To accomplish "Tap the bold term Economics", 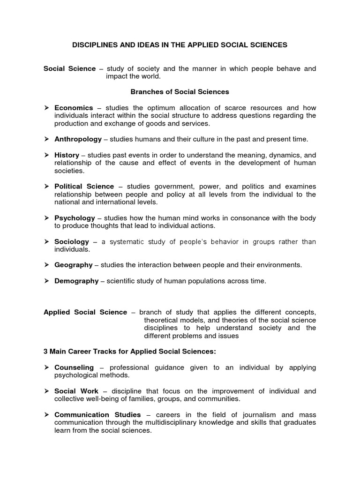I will pos(74,107).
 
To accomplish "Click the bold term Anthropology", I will pos(78,139).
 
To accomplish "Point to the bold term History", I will pos(67,155).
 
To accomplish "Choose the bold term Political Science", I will pos(84,186).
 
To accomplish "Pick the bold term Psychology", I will pos(75,218).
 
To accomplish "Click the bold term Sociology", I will pos(71,241).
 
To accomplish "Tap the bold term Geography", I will pos(73,265).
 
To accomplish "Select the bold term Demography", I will pos(76,281).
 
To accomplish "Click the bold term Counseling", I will pos(74,367).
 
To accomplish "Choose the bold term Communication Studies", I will pos(97,414).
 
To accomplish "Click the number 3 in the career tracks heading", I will pos(45,352).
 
